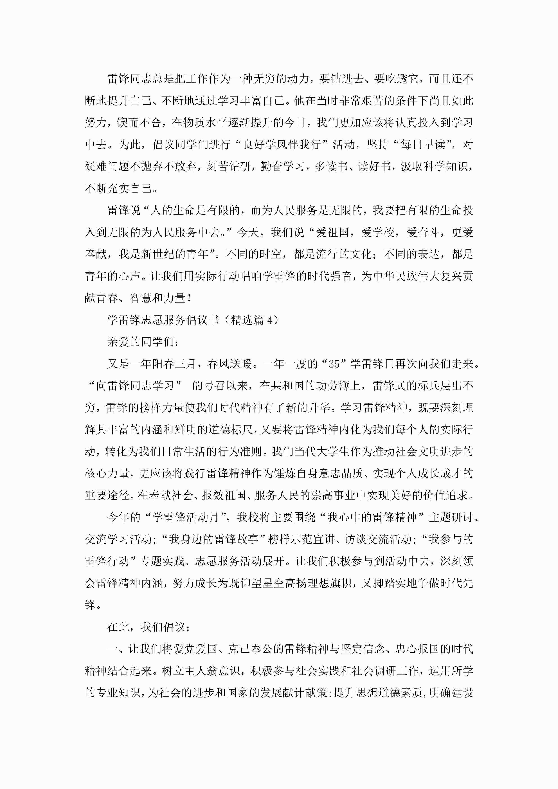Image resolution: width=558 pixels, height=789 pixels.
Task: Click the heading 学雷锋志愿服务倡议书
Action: point(163,320)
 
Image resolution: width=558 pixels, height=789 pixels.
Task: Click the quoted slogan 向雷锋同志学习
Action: point(134,386)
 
